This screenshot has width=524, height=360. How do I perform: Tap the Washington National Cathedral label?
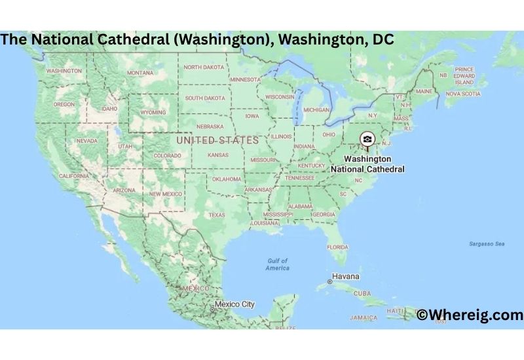[x=367, y=164]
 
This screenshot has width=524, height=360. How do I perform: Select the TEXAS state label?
[x=217, y=215]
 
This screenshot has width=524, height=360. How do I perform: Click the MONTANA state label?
[x=140, y=73]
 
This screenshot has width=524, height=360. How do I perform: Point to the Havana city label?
[x=346, y=276]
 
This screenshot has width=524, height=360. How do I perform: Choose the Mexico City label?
[x=235, y=304]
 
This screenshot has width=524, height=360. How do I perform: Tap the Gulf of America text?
[x=277, y=264]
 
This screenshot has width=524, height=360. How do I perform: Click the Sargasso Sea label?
[x=487, y=244]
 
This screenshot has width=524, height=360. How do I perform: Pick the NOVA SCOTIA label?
[x=462, y=94]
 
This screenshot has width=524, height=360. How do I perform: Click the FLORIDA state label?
[x=337, y=247]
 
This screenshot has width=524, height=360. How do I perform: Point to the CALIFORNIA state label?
[x=74, y=176]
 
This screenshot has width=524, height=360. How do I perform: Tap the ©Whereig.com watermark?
[x=470, y=315]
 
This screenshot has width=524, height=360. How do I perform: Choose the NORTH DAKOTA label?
[x=203, y=67]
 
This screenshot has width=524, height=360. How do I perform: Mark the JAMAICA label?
[x=364, y=317]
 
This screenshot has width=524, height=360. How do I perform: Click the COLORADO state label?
[x=167, y=156]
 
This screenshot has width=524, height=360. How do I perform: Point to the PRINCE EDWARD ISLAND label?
[x=464, y=76]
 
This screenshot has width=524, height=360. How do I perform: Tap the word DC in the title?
[x=383, y=39]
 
